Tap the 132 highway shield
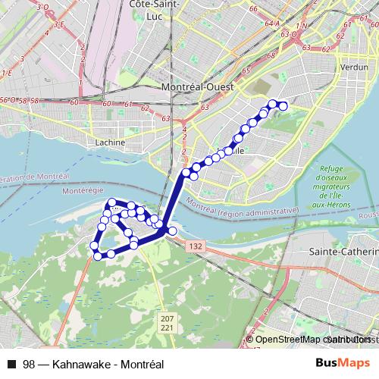click(196, 246)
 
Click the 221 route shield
click(168, 327)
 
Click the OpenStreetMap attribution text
click(293, 340)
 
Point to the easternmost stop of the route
click(284, 106)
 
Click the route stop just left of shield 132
click(172, 230)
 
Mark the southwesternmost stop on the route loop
click(96, 255)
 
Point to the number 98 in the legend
click(29, 365)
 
